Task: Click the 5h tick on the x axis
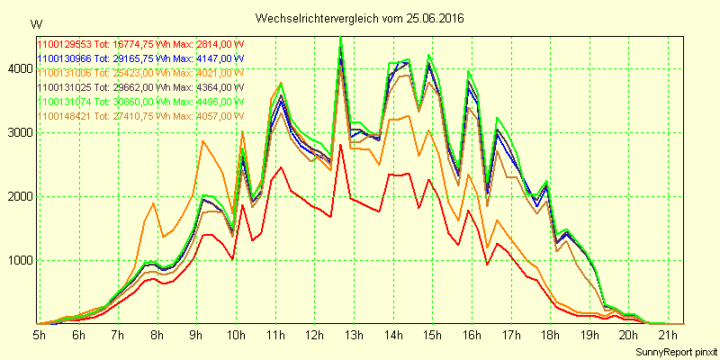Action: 40,335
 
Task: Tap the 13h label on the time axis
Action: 354,335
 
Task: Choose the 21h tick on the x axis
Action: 667,335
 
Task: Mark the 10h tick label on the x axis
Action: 236,335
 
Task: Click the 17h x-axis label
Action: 510,335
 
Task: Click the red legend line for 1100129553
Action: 140,43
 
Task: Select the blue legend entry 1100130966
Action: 140,58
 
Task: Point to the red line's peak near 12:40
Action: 340,144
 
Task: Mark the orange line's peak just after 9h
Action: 203,140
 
